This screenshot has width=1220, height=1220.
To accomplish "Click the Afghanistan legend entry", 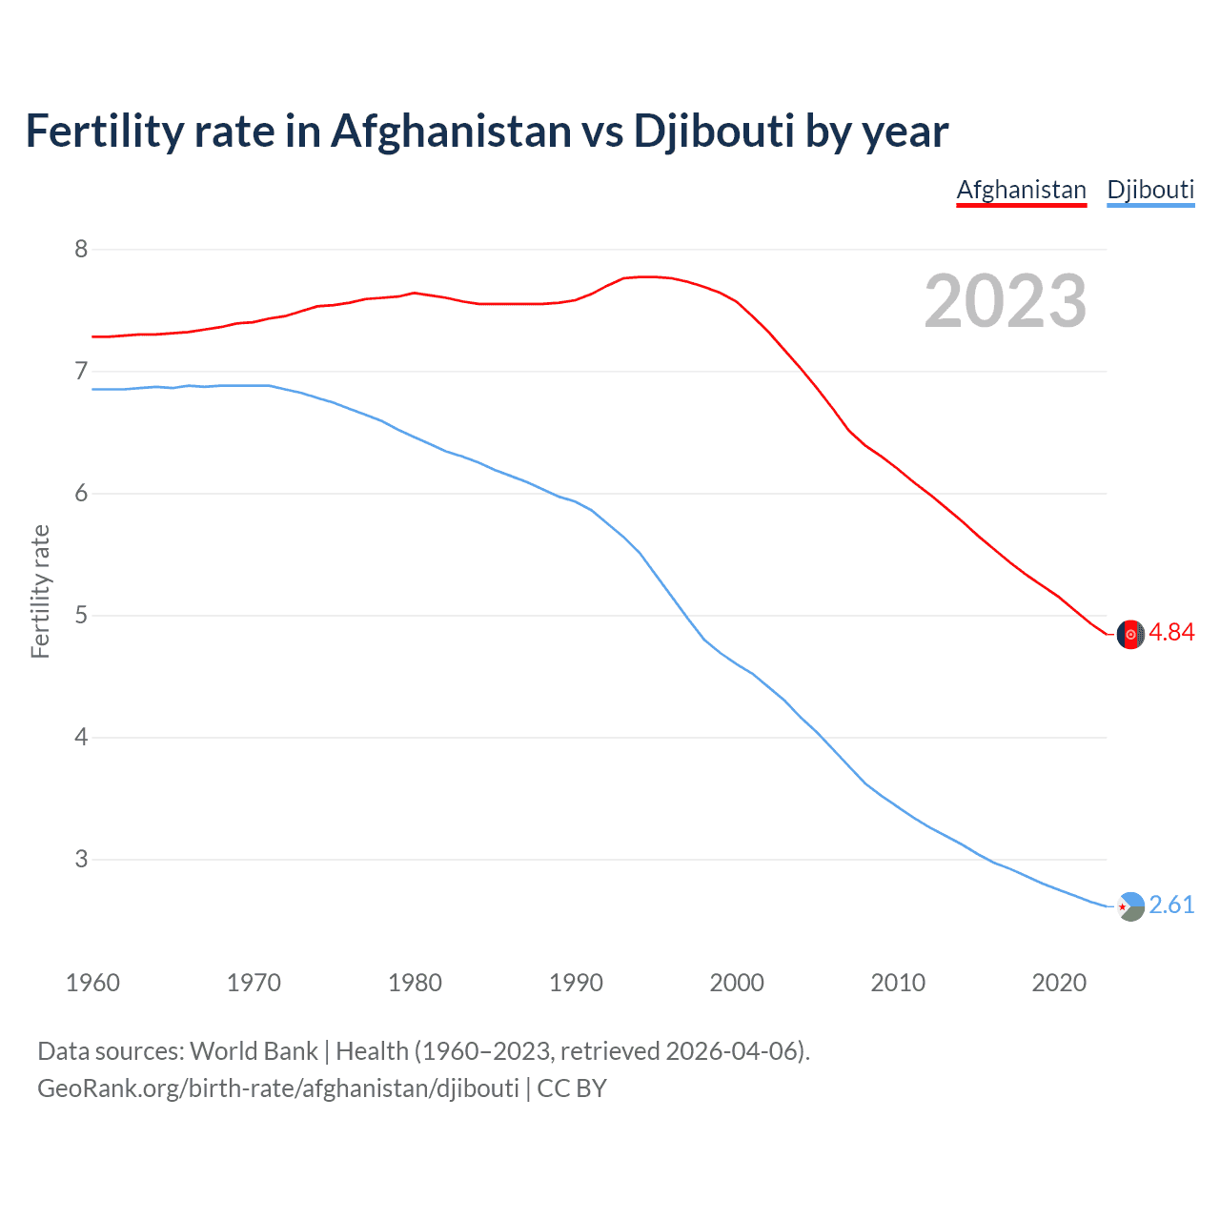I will pos(1021,190).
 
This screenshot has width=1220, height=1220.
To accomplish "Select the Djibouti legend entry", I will pos(1150,190).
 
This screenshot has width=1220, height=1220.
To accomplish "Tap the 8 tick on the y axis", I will pos(81,250).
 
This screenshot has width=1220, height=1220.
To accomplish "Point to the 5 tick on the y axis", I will pos(81,616).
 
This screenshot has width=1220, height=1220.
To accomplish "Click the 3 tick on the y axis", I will pos(81,860).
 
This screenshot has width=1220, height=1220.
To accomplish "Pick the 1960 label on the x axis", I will pos(92,983).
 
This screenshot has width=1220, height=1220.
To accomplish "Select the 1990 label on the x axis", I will pos(576,983).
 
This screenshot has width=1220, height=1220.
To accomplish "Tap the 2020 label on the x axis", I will pos(1059,983).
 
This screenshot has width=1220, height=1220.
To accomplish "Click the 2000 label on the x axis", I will pos(737,983).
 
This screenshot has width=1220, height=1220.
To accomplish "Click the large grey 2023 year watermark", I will pos(1006,301).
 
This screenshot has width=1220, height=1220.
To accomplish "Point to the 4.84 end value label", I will pos(1171,633).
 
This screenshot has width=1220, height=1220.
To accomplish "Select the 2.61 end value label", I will pos(1171,905).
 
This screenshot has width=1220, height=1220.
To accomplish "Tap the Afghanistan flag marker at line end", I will pos(1130,634).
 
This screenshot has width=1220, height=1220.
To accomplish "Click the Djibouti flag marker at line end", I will pos(1130,906).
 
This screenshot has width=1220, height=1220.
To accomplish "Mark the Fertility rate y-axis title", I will pos(40,591).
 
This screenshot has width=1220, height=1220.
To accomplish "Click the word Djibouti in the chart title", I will pos(713,132).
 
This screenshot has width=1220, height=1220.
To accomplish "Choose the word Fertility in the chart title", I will pos(104,132).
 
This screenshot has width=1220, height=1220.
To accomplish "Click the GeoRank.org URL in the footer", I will pos(278,1088).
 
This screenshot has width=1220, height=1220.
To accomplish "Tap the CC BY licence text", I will pos(572,1088).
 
